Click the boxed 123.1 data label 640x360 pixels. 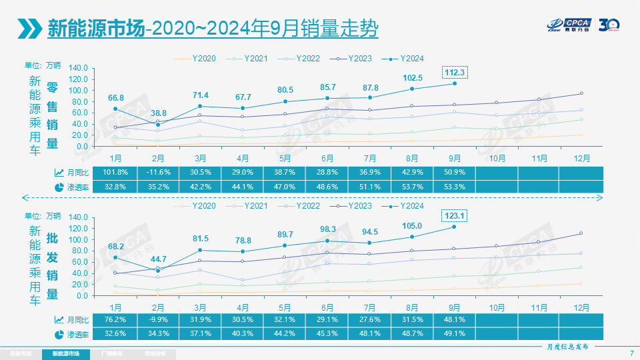point(454,216)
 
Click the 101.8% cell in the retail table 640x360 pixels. point(115,172)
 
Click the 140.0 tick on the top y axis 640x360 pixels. point(78,68)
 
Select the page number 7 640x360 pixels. point(631,353)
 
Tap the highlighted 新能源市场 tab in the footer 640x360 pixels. point(65,353)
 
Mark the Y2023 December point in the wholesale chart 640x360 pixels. point(581,233)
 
